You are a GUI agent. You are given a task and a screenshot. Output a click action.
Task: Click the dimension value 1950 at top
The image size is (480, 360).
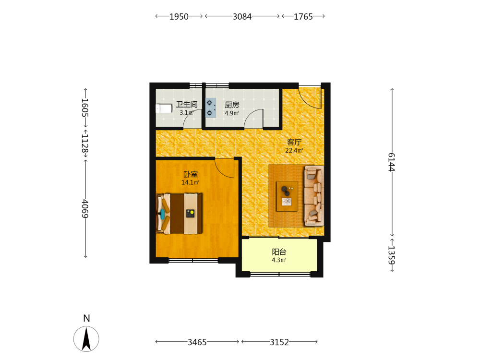point(179,16)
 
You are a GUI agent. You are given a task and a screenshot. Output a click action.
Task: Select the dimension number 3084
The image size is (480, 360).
point(242,16)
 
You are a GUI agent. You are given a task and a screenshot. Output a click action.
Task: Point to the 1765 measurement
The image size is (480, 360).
point(303,16)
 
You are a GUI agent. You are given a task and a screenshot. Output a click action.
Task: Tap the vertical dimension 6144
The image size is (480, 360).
point(392,162)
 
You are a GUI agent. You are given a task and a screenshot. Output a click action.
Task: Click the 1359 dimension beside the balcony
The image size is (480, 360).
point(392,255)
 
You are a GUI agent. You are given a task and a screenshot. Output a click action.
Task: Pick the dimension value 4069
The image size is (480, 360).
point(85,208)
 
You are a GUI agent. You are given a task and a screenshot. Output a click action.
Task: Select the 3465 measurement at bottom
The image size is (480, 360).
point(197,342)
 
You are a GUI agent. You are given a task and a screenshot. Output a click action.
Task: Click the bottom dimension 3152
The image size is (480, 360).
point(279,342)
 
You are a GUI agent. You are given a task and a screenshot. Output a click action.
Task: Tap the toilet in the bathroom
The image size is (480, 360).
point(164,108)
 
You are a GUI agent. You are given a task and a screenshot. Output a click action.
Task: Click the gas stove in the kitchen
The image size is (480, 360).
point(211,108)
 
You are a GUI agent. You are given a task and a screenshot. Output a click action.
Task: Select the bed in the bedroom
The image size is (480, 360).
point(180,214)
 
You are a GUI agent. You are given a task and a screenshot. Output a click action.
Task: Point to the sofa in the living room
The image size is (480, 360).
point(314,196)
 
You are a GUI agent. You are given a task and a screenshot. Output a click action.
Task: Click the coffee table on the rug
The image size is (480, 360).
point(287,196)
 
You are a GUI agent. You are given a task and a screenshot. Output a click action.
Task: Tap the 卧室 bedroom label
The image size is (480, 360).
point(191,174)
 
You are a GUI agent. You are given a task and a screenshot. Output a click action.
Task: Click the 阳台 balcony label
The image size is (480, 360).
point(279,252)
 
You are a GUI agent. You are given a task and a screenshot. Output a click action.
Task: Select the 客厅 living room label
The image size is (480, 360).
point(294,142)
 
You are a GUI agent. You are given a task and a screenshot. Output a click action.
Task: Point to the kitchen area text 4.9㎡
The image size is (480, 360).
point(232,113)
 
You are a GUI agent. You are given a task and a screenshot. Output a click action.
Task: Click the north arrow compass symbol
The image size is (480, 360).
point(86,338)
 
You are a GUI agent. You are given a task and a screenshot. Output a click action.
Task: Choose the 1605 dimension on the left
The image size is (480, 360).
point(85,108)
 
